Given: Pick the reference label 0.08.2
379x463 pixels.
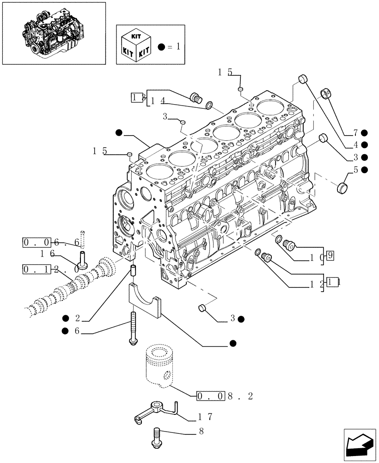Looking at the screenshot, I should [225, 396].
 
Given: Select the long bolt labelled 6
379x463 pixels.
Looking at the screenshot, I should [133, 328].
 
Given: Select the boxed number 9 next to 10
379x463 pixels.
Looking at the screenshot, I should [329, 254].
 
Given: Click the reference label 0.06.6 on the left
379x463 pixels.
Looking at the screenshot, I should [51, 242].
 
